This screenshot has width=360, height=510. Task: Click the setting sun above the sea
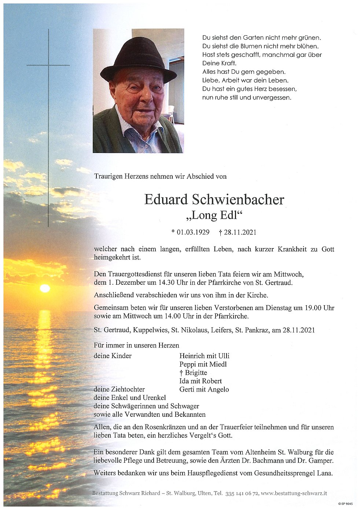click(45, 288)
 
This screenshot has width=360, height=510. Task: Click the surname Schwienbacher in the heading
click(238, 200)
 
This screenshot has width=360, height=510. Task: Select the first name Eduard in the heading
click(166, 200)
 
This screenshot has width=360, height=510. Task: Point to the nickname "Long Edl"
click(215, 215)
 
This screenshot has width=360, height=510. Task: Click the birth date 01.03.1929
click(193, 232)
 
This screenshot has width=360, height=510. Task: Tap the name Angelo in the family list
click(218, 389)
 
